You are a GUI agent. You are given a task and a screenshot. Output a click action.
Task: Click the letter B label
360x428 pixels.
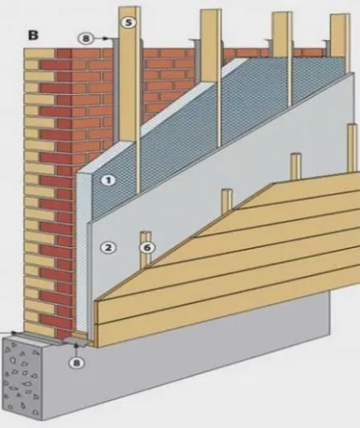coord(33,36)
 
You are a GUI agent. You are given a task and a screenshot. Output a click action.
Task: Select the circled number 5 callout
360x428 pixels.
coord(129,22)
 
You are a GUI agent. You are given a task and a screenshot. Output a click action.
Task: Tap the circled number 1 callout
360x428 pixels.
coord(109,180)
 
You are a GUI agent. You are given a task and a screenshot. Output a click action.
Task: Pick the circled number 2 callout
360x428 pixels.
coord(108,248)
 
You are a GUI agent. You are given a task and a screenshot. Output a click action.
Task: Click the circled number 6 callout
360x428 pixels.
coord(148,248)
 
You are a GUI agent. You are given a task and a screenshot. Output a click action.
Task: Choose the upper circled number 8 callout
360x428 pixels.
coord(86,38)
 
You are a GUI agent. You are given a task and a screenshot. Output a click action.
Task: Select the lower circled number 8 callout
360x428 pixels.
coord(76,363)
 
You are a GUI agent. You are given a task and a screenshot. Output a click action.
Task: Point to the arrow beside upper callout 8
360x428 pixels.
coord(101,38)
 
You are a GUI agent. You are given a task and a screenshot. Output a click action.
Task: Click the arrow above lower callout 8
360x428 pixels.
coord(76,350)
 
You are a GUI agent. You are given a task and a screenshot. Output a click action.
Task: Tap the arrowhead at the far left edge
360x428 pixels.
coord(14,332)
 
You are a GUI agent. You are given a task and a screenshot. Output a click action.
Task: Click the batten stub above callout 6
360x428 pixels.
coord(145,237)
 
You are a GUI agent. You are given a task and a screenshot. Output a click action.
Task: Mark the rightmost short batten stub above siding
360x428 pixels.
coord(352,148)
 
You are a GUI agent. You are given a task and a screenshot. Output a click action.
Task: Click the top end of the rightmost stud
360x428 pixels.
coord(338,15)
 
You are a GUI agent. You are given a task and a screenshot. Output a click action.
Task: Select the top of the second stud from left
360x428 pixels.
coord(211,11)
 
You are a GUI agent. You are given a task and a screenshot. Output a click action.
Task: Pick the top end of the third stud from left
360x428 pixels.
coord(282,14)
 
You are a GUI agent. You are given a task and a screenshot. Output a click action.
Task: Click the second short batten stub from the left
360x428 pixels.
coord(227,200)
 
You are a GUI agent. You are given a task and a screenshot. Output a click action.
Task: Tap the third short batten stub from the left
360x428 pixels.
coord(296,166)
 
